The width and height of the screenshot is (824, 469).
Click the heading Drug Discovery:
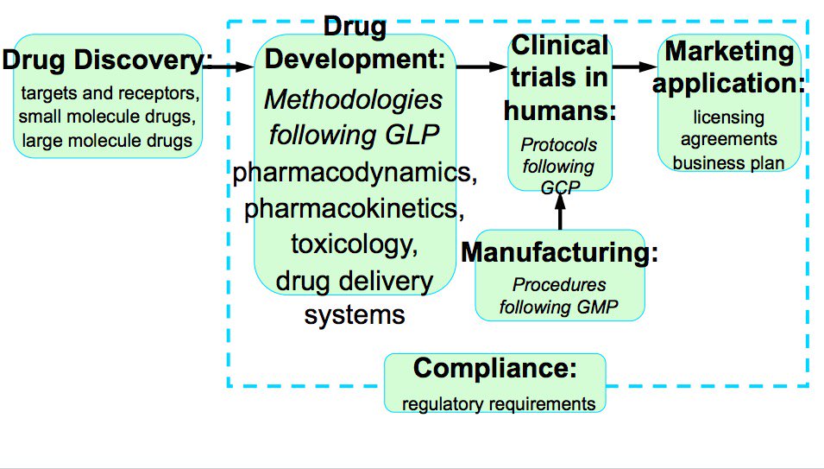point(108,61)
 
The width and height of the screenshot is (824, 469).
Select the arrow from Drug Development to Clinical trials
point(481,66)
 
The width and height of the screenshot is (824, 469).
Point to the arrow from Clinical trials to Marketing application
point(635,66)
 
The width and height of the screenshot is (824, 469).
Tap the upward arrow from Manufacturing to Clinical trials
point(560,210)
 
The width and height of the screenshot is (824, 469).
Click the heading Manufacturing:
point(560,253)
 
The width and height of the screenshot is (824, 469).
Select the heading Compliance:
point(494,369)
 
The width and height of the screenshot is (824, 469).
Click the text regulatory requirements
point(499,403)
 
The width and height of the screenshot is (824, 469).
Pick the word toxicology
point(355,244)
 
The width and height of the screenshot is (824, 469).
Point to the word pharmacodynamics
point(355,172)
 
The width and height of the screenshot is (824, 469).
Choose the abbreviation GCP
point(560,184)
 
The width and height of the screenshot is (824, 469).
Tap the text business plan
point(729,162)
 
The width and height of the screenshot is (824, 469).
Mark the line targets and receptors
point(109,93)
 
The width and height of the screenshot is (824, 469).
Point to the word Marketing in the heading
point(729,52)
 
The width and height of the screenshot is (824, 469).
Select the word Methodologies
point(354,99)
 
